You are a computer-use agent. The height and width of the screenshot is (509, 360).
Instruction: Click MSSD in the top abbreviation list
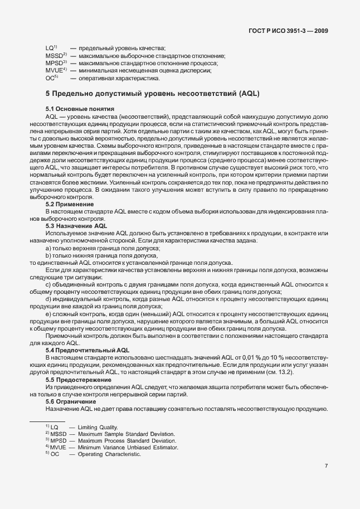pyautogui.click(x=55, y=56)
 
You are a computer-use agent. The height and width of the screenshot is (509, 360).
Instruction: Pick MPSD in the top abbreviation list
pyautogui.click(x=55, y=64)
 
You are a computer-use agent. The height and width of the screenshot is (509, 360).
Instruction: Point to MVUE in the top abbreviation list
pyautogui.click(x=55, y=71)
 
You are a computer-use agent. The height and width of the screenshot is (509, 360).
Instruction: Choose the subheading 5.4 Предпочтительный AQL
pyautogui.click(x=87, y=350)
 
